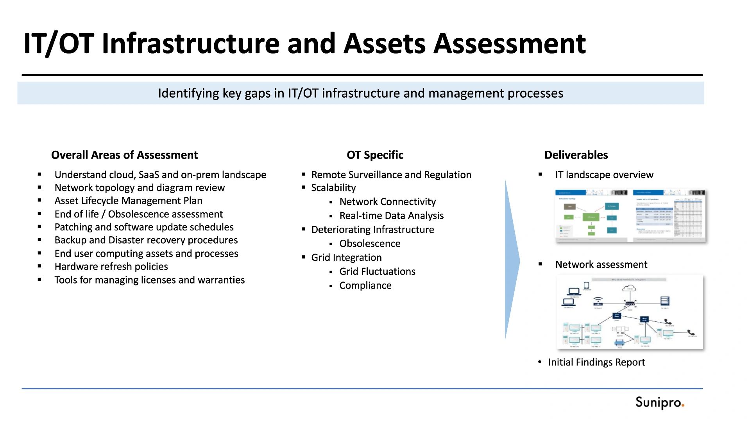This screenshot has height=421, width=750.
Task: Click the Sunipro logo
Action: point(659,403)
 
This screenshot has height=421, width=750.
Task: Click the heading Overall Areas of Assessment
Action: point(124,155)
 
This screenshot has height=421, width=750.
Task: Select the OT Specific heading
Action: point(375,155)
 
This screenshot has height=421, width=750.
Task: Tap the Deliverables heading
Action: point(576,155)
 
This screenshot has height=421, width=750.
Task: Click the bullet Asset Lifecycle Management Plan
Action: point(128,201)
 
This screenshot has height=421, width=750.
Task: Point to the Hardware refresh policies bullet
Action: point(111,266)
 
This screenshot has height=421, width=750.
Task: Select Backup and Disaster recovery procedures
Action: point(146,240)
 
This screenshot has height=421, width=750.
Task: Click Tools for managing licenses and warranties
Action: point(149,280)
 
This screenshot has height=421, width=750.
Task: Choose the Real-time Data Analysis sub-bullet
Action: point(391,216)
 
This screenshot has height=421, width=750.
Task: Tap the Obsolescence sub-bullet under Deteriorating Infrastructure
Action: point(370,244)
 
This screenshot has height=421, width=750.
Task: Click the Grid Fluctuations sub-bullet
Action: point(377,271)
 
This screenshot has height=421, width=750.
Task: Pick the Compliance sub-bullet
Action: point(365,285)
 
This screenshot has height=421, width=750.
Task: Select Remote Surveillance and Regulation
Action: point(391,175)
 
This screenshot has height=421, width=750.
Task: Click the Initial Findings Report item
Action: point(596,362)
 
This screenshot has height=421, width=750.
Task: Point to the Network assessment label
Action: point(601,264)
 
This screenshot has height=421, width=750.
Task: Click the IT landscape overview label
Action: point(604,175)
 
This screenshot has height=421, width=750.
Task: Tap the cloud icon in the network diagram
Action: point(629,289)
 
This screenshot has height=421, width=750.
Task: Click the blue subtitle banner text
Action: point(360,93)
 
